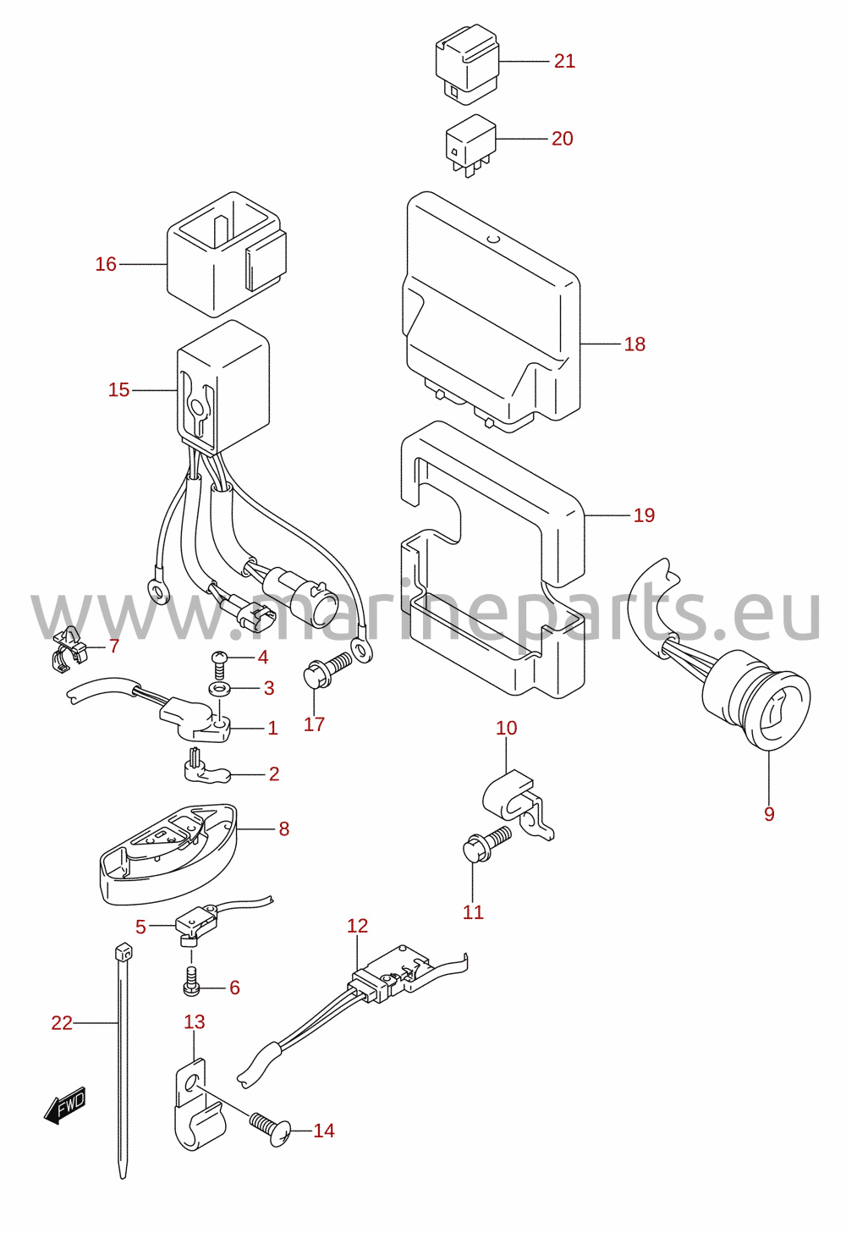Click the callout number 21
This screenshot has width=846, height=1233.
564,61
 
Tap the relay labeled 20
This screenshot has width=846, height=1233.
470,145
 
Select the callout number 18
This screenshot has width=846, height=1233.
634,344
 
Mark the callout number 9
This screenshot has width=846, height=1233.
769,813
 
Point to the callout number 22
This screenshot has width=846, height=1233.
62,1023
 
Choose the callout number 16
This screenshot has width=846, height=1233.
106,264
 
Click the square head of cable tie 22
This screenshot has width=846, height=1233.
124,952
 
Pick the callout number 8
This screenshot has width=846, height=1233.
283,828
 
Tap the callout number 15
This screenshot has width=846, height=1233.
118,390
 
